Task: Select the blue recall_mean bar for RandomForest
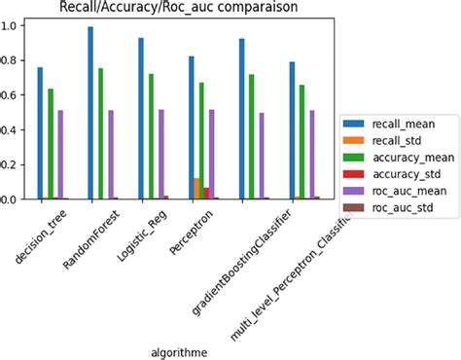pyautogui.click(x=90, y=113)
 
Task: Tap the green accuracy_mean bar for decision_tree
pyautogui.click(x=51, y=144)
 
